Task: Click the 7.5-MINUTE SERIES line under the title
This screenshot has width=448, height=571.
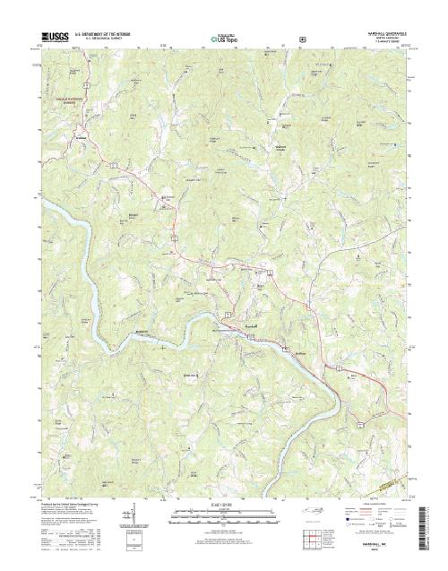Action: click(385, 43)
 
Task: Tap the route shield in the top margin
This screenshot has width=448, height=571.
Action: click(302, 39)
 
